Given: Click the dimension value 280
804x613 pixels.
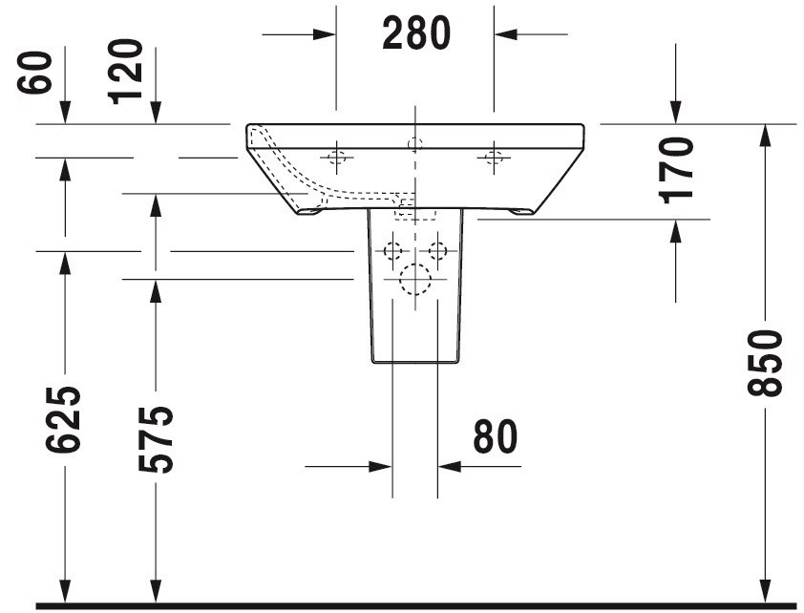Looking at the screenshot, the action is (415, 33).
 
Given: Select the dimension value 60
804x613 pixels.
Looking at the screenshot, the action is (35, 73).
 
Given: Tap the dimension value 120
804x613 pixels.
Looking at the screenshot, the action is (126, 72).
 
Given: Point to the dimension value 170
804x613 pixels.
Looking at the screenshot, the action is (677, 170).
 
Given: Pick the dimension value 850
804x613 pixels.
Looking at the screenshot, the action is (765, 363).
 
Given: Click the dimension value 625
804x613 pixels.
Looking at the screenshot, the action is (64, 420).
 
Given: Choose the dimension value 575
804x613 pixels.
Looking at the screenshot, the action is (156, 439).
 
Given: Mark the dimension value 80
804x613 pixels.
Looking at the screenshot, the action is (496, 436).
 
